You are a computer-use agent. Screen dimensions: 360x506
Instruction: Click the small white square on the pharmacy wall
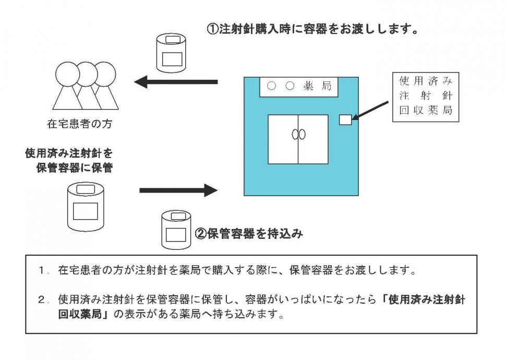345,120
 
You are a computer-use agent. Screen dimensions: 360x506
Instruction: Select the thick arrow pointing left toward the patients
175,81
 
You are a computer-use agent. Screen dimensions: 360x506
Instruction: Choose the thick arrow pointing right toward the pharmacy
177,190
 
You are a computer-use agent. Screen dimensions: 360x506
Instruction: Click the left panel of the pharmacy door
283,139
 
